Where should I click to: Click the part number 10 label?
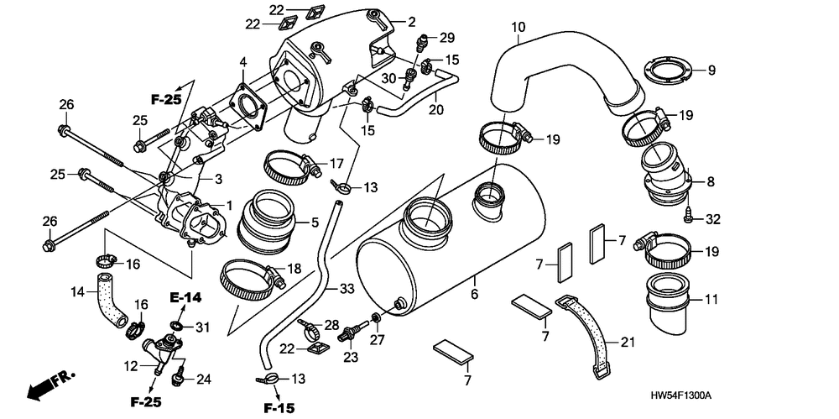coord(519,28)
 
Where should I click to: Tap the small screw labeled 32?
coord(688,217)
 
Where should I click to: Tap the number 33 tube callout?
coord(347,289)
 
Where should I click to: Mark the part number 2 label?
coord(412,21)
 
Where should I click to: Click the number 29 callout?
coord(446,38)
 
